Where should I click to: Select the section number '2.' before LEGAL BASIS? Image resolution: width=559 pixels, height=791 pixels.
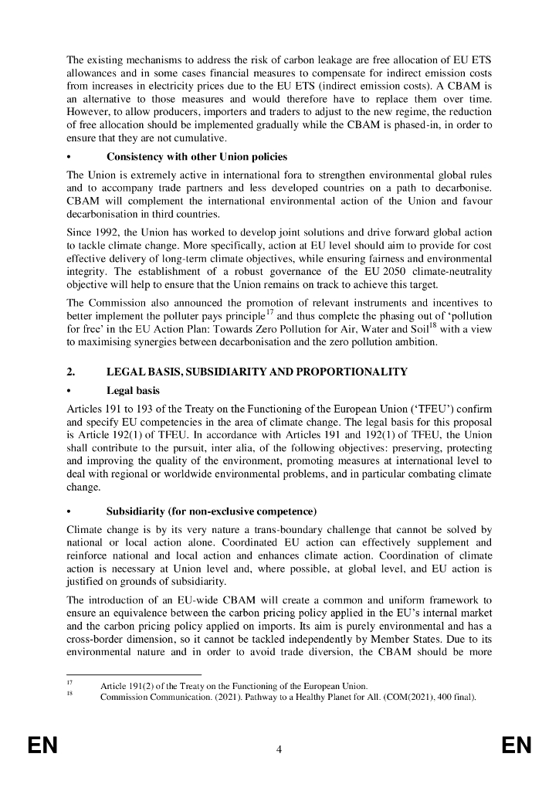click(71, 372)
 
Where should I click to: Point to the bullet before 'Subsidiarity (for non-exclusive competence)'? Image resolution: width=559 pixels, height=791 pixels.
click(70, 511)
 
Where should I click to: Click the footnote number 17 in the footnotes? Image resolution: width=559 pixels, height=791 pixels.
click(70, 684)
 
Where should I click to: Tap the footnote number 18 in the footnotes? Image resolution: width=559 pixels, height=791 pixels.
click(70, 694)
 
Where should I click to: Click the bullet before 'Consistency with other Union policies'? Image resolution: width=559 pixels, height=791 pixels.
click(70, 157)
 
